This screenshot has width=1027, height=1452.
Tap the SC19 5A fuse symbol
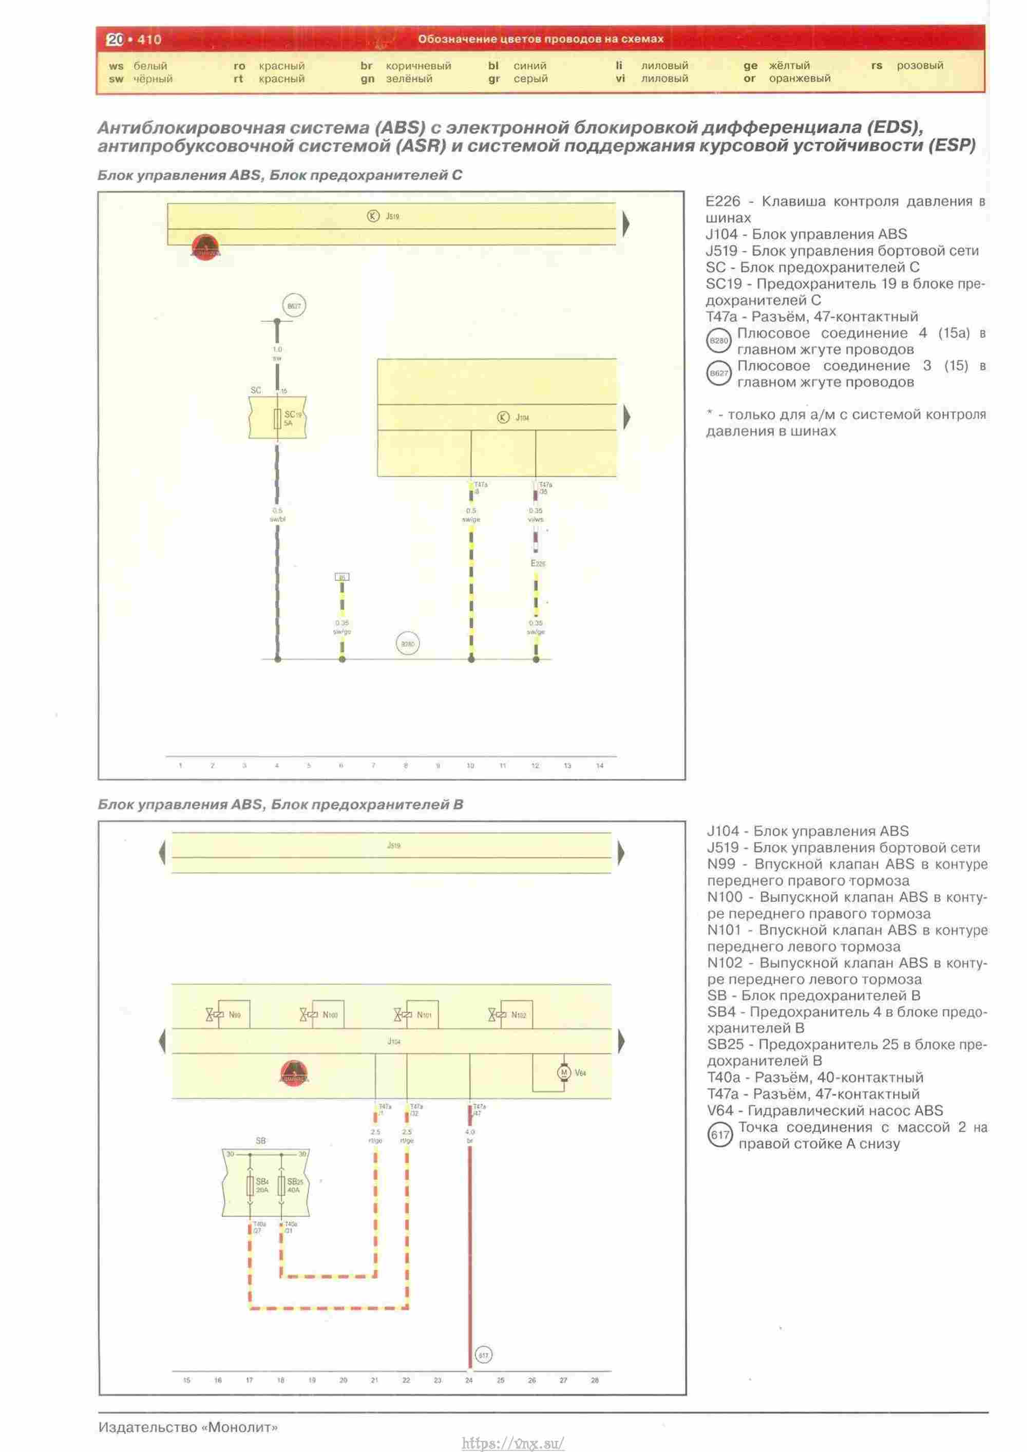pyautogui.click(x=277, y=419)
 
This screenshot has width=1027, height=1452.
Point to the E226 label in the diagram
pyautogui.click(x=538, y=563)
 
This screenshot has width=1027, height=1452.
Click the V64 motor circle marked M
pyautogui.click(x=563, y=1072)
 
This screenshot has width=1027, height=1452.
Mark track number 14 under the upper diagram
pyautogui.click(x=599, y=766)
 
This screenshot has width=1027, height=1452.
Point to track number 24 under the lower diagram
pyautogui.click(x=469, y=1381)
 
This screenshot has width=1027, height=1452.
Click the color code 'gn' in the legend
pyautogui.click(x=368, y=79)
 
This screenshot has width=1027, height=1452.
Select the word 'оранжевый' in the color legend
pyautogui.click(x=800, y=79)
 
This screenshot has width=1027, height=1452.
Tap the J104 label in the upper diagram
pyautogui.click(x=522, y=418)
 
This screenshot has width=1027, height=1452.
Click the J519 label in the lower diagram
pyautogui.click(x=393, y=845)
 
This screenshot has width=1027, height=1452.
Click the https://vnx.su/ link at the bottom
pyautogui.click(x=513, y=1443)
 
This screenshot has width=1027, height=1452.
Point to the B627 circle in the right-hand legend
pyautogui.click(x=719, y=373)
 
